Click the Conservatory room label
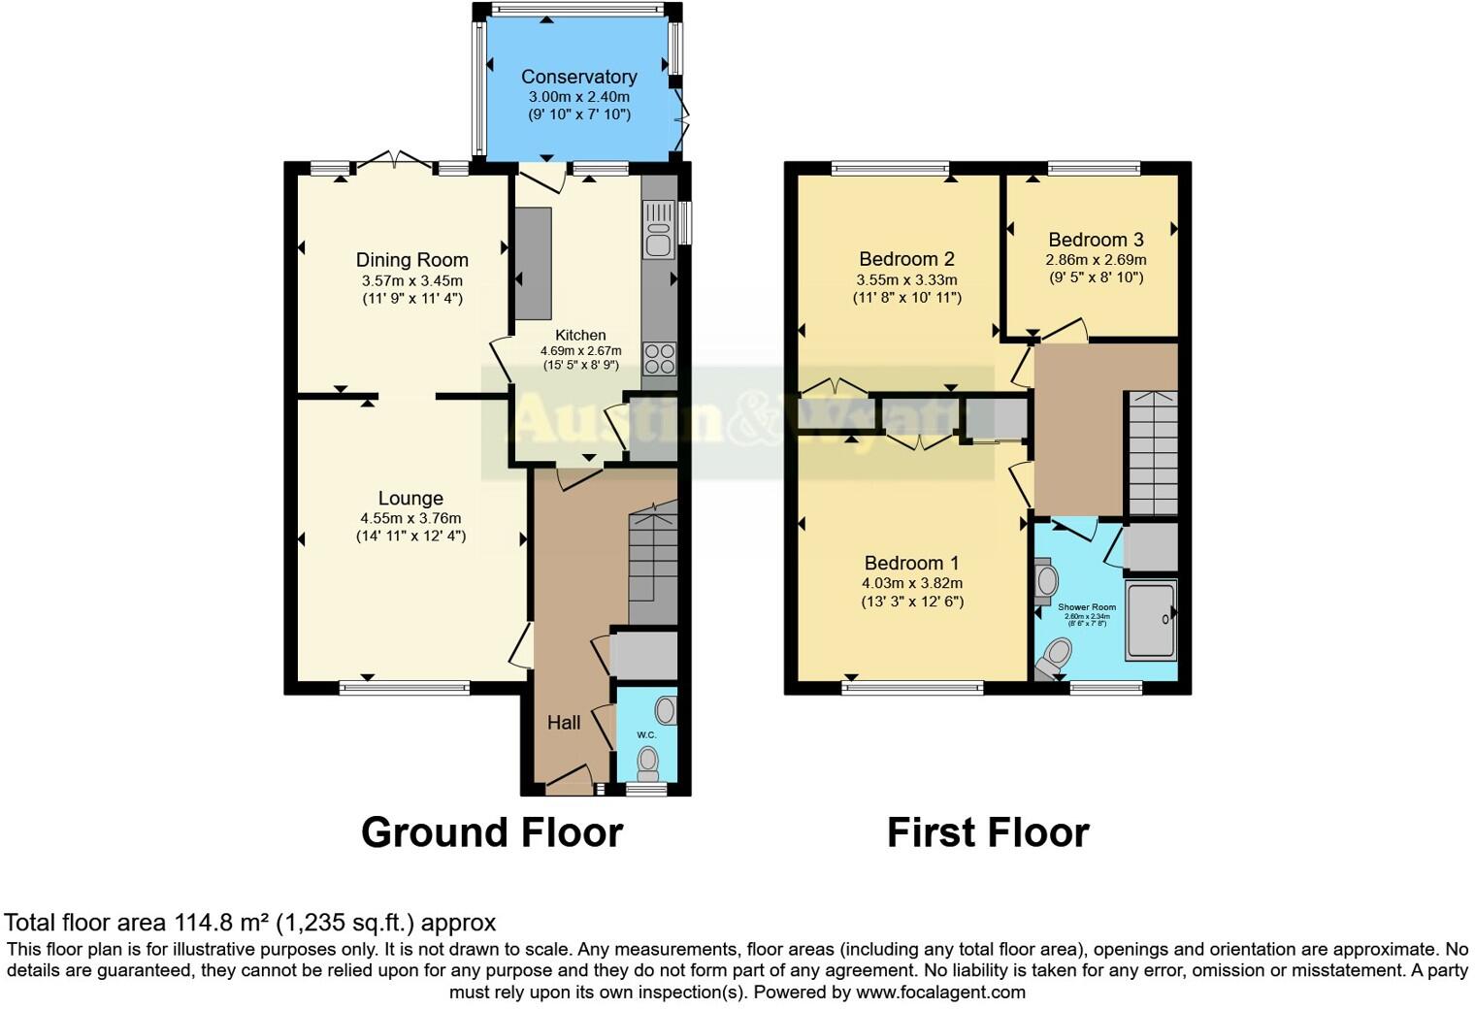click(578, 77)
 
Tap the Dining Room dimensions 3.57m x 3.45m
click(411, 280)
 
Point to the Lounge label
click(410, 499)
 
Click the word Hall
click(564, 722)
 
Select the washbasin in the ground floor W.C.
click(666, 710)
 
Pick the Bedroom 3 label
click(1096, 240)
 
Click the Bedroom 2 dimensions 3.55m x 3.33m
click(906, 279)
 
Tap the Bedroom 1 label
click(911, 563)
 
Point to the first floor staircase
click(1153, 452)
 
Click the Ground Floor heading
click(491, 832)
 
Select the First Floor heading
click(988, 832)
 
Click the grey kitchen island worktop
click(533, 264)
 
